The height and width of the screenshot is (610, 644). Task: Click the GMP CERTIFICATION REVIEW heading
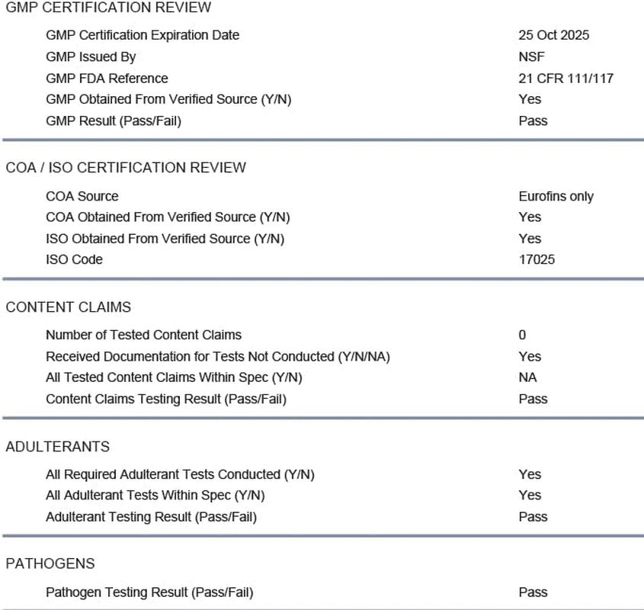(x=108, y=8)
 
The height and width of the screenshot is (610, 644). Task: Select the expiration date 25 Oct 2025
(x=553, y=35)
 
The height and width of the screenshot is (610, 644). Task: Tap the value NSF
(x=531, y=56)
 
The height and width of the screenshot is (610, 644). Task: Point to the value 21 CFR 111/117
(x=566, y=78)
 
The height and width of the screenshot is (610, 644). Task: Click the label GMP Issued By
(x=91, y=56)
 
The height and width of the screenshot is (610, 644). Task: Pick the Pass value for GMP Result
(x=533, y=120)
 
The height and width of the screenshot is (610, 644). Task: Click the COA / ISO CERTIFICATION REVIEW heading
(x=126, y=168)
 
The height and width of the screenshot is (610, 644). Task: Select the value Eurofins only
(x=556, y=196)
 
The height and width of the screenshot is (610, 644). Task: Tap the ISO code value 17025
(x=537, y=259)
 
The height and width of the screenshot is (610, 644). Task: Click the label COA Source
(x=82, y=196)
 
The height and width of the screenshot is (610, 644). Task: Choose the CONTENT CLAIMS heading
(x=69, y=307)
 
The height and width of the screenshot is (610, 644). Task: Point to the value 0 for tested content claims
(x=522, y=335)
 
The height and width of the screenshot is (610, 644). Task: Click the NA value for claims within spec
(x=527, y=377)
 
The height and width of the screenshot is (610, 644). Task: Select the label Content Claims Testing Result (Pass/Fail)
(x=166, y=399)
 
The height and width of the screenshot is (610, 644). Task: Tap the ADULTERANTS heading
(x=58, y=447)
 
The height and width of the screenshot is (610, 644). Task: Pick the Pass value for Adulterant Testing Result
(x=533, y=517)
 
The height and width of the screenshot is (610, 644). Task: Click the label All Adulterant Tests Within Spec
(x=155, y=496)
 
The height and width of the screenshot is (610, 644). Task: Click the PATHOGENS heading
(x=50, y=564)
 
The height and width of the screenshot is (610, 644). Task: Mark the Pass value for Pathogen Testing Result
(x=533, y=592)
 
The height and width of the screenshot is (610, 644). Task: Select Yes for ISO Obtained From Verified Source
(x=530, y=239)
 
